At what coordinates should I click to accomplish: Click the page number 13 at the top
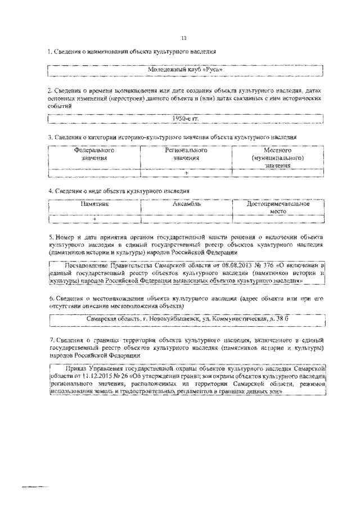(183, 38)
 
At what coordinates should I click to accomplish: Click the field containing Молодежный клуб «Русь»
(185, 70)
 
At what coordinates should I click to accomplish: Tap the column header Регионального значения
(186, 155)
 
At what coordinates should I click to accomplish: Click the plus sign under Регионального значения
(186, 173)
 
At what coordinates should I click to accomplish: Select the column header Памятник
(94, 205)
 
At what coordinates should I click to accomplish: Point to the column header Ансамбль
(186, 205)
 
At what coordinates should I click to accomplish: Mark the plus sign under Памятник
(94, 219)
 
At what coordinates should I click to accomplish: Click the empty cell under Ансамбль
(186, 219)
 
